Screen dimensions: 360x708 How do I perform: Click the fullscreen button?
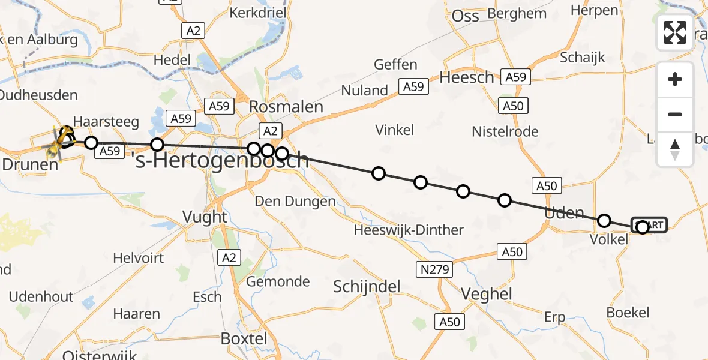(675, 32)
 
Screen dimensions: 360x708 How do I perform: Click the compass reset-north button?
(675, 149)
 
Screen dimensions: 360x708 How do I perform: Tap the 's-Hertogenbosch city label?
(220, 160)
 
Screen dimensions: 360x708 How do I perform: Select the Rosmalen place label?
(286, 107)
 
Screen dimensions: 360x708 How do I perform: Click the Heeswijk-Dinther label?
(409, 230)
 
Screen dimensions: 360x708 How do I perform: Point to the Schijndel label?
(367, 287)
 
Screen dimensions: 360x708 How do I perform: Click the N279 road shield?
(434, 269)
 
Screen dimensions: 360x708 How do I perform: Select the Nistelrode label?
(505, 131)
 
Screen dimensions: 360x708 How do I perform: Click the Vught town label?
(205, 217)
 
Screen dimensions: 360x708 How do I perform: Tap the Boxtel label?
(244, 338)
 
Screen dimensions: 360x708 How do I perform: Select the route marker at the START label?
(643, 227)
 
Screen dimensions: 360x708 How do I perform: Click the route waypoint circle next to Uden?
(604, 221)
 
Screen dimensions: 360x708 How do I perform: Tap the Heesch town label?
(467, 77)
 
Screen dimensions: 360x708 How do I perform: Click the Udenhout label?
(41, 296)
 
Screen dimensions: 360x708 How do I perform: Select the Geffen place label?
(395, 64)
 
